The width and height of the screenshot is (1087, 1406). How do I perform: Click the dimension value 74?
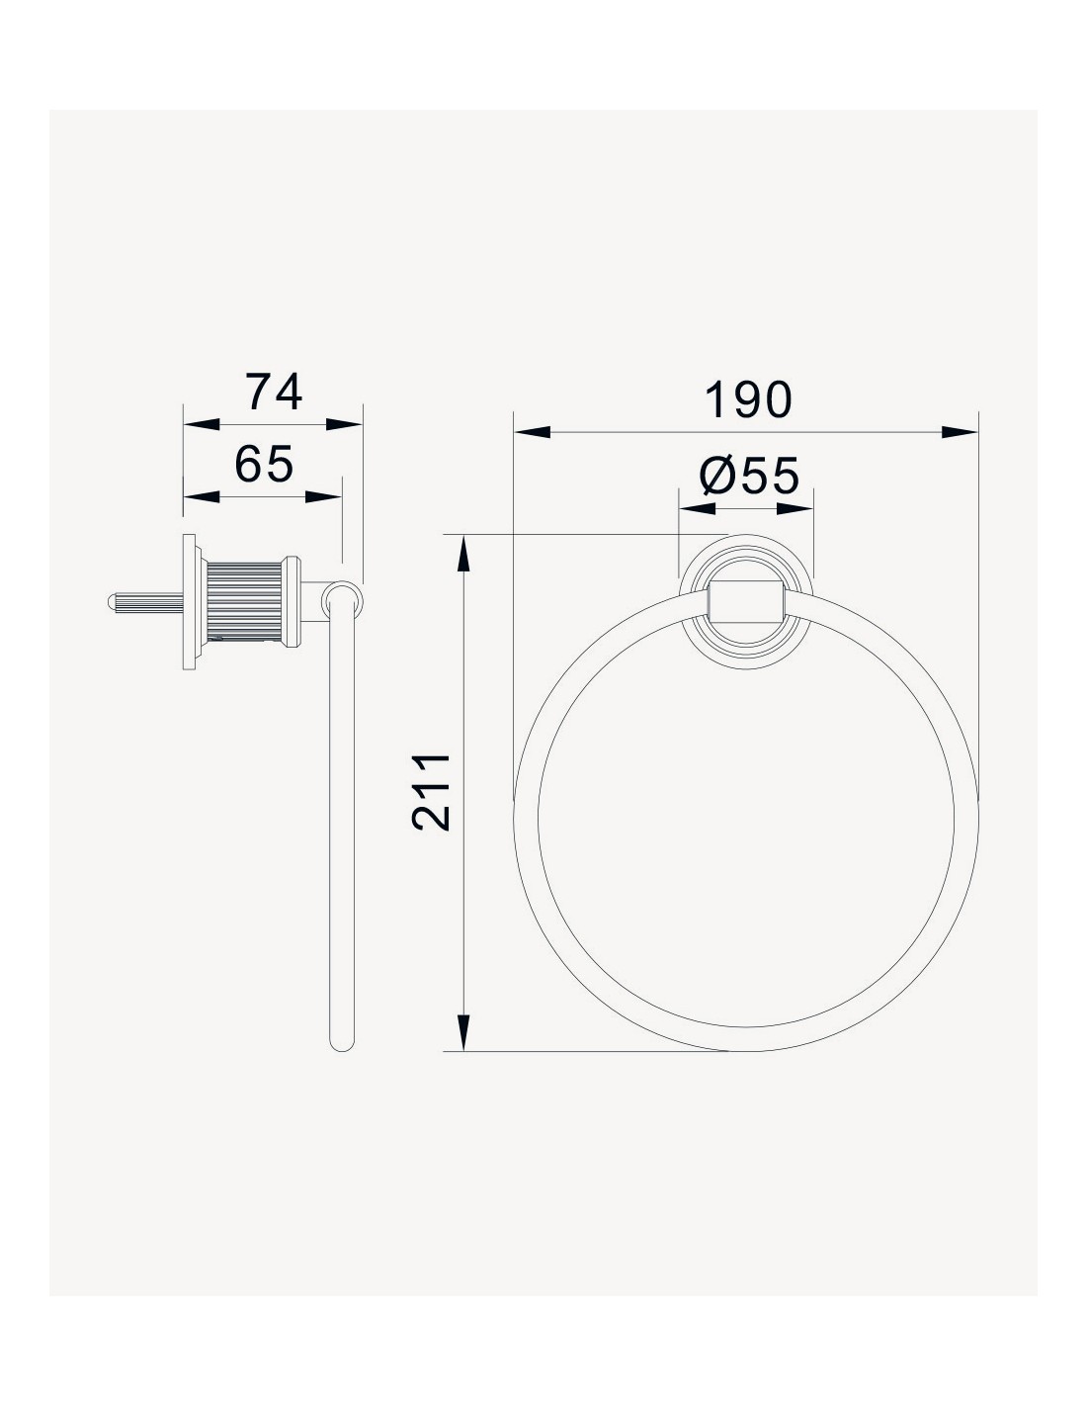274,393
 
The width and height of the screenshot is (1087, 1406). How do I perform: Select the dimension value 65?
264,464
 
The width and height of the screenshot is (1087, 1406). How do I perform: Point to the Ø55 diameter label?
749,475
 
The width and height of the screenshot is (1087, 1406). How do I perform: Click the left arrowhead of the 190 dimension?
533,432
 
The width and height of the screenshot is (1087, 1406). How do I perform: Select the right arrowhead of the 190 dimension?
960,432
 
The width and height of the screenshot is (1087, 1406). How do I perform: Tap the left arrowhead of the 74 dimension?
202,424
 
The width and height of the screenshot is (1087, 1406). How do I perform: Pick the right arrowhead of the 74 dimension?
344,424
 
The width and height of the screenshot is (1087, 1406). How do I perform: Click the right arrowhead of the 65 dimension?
323,497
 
